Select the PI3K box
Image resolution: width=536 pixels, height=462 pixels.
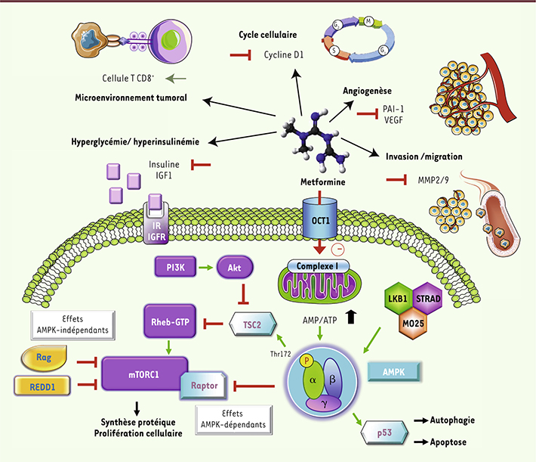[174, 267]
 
